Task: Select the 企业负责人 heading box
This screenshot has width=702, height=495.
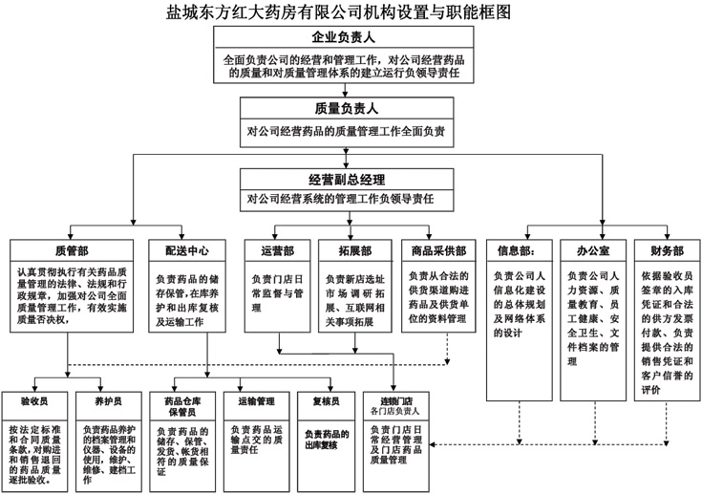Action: (x=343, y=38)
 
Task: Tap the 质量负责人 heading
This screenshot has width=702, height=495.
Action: (x=343, y=108)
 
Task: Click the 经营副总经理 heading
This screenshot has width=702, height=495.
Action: (x=347, y=180)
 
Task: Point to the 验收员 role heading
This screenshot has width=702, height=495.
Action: (x=35, y=400)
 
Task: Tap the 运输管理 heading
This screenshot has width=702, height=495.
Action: (x=254, y=400)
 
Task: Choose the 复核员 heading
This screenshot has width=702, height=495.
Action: (x=327, y=400)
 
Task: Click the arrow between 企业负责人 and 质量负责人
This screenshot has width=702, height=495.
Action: (x=343, y=85)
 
